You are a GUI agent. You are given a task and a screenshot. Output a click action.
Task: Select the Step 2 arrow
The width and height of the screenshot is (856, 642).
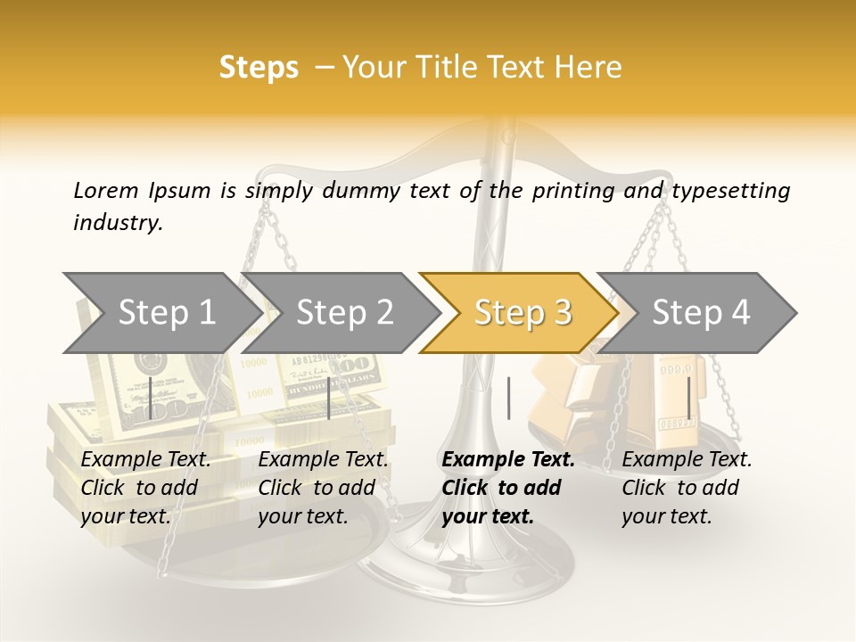344,313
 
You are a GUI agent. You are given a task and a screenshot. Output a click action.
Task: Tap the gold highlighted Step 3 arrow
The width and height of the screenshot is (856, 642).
523,313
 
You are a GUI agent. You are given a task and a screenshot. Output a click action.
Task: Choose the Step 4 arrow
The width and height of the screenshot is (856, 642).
701,313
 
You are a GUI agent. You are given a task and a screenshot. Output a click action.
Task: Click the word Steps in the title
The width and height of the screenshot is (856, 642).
259,67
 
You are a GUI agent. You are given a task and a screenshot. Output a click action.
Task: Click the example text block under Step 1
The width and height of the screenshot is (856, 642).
145,488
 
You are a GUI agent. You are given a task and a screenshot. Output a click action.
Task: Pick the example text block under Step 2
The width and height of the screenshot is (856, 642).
323,488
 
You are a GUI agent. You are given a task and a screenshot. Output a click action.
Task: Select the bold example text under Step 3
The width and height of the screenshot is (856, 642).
507,488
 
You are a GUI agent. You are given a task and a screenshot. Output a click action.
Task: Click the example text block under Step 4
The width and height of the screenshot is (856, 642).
687,488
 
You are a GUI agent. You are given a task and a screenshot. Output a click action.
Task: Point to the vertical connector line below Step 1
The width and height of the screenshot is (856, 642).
152,398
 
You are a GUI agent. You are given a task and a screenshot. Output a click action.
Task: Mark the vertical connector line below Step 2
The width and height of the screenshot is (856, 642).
329,398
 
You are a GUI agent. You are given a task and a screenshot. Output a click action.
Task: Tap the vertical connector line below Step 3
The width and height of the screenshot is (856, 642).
508,398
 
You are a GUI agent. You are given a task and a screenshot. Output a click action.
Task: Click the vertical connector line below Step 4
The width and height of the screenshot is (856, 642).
688,398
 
